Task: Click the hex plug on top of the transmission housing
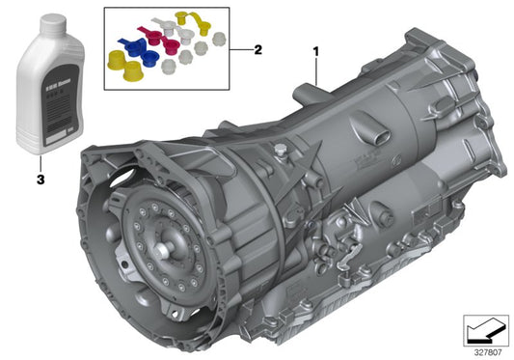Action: pyautogui.click(x=279, y=149)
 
